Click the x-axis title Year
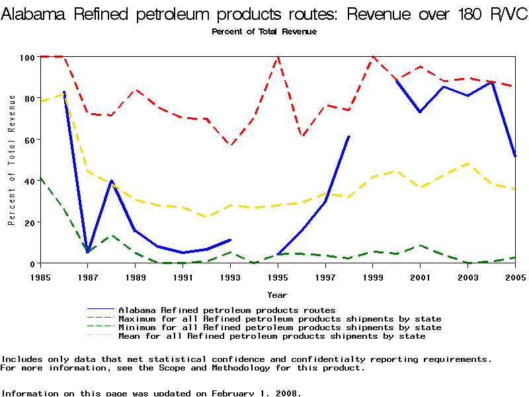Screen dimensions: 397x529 click(x=277, y=294)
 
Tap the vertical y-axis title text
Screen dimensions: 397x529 click(x=12, y=160)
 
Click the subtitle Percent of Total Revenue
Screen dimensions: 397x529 click(x=264, y=32)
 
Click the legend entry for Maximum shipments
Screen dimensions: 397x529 click(x=280, y=319)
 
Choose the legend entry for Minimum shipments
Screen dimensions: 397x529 click(x=280, y=328)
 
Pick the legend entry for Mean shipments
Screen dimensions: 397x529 click(x=272, y=336)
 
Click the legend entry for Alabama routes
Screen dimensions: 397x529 click(x=227, y=310)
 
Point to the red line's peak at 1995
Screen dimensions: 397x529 click(x=278, y=58)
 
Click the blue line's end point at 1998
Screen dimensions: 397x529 click(x=349, y=136)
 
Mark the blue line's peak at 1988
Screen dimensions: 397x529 click(x=111, y=181)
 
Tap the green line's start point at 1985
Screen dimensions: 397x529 click(x=40, y=177)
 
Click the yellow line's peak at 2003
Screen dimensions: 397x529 click(x=468, y=163)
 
